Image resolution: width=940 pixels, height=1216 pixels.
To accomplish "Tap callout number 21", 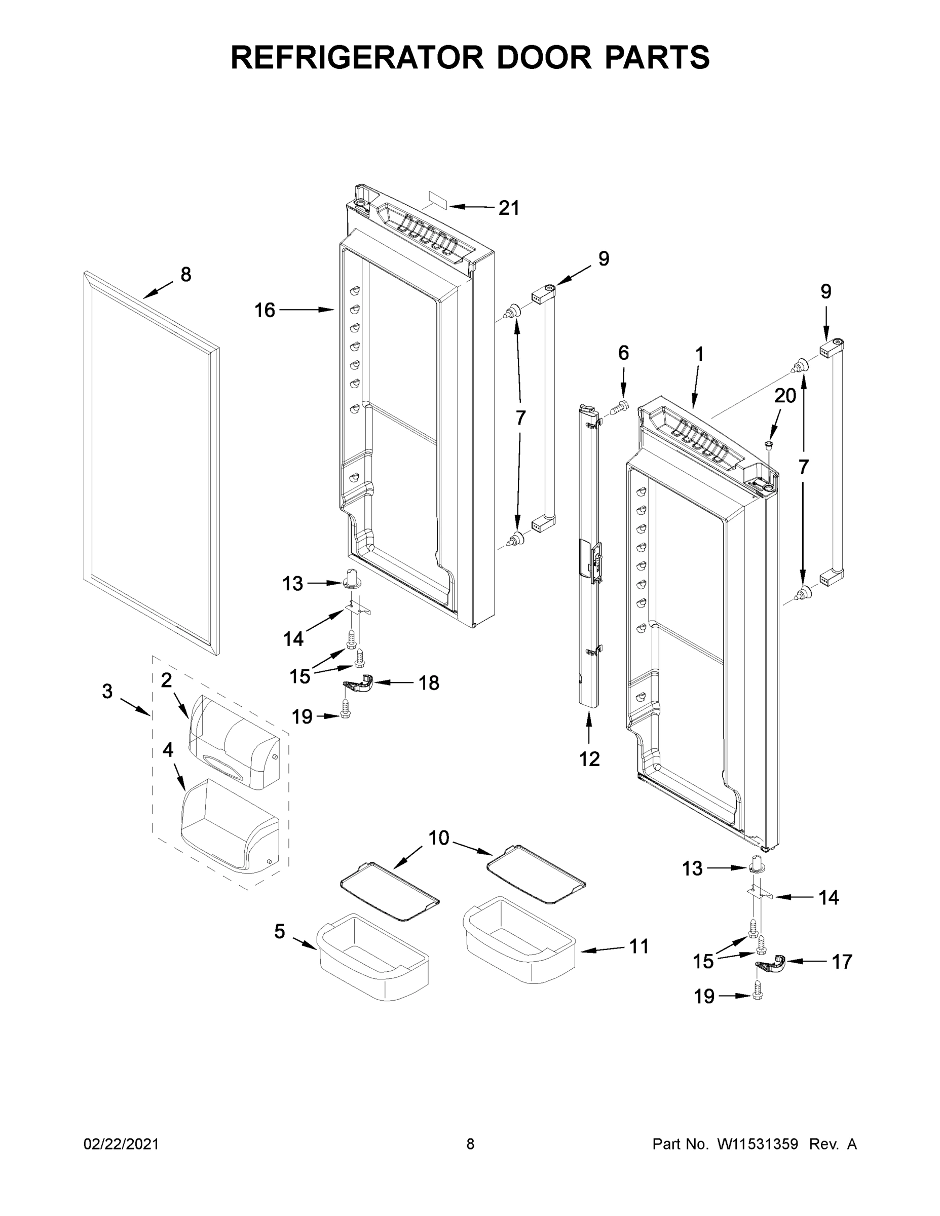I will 508,208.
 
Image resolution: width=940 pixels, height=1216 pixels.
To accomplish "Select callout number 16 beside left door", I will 265,310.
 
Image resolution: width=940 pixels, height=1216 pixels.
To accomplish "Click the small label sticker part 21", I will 438,199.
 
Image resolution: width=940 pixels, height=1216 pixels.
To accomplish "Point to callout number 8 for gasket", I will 185,275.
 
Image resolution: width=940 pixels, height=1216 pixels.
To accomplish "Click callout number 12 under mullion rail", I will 589,758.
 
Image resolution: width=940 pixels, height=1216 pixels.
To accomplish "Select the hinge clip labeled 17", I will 770,963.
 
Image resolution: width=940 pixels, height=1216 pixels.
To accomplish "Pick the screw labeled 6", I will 619,407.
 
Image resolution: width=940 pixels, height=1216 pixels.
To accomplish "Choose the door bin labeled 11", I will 518,941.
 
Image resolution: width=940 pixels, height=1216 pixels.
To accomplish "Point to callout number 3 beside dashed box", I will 107,692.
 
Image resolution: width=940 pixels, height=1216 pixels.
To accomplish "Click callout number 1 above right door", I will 699,355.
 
